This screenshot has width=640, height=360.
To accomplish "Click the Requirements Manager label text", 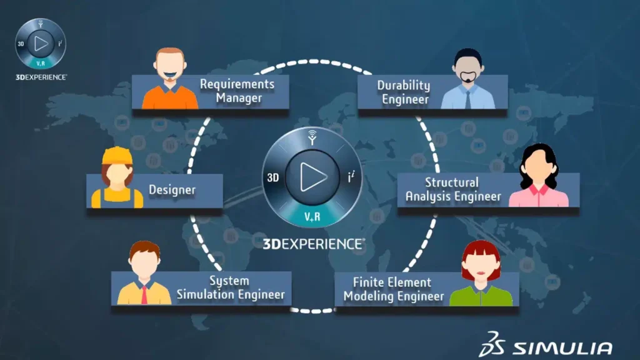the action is click(x=237, y=91).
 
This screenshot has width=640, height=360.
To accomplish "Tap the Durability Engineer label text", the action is click(x=404, y=92).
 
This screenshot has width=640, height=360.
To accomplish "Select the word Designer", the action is click(x=172, y=190).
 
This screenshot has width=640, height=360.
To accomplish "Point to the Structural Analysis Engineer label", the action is click(x=452, y=189).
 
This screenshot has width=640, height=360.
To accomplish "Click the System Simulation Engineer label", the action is click(x=231, y=287).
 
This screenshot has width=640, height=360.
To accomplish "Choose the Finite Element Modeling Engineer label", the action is click(x=394, y=289).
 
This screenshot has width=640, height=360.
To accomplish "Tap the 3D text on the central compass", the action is click(x=273, y=178).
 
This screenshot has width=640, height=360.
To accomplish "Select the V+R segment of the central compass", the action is click(x=312, y=216).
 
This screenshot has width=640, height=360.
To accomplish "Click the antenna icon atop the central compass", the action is click(x=312, y=137).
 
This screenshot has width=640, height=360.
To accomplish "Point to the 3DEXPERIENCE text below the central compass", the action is click(x=314, y=244).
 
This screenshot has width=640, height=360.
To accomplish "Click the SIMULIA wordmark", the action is click(x=562, y=348).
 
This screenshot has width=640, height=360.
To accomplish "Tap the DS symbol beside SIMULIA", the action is click(x=492, y=344).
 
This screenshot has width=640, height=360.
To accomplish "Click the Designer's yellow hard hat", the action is click(x=117, y=156).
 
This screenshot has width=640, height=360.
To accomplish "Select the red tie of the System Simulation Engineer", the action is click(x=144, y=295).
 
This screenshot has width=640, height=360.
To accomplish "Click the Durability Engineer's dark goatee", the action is click(x=467, y=77).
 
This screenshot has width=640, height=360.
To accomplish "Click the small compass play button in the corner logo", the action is click(x=41, y=44).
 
